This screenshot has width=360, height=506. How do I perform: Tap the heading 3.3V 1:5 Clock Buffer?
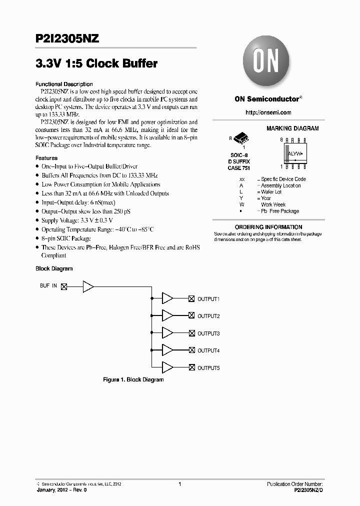pyautogui.click(x=96, y=64)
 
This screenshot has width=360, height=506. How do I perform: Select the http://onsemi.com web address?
pyautogui.click(x=268, y=112)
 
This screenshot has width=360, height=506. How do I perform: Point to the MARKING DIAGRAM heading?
pyautogui.click(x=292, y=128)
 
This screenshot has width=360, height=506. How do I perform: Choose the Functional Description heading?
pyautogui.click(x=64, y=84)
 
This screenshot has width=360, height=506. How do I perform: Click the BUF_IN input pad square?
pyautogui.click(x=63, y=286)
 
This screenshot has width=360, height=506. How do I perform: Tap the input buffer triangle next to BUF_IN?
pyautogui.click(x=88, y=286)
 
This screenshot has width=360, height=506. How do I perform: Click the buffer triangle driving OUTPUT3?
pyautogui.click(x=167, y=333)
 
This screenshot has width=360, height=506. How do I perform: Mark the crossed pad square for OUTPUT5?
pyautogui.click(x=191, y=367)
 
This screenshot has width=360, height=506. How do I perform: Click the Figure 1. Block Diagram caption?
pyautogui.click(x=133, y=379)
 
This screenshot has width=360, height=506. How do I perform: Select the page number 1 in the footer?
pyautogui.click(x=179, y=484)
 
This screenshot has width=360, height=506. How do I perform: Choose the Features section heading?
pyautogui.click(x=46, y=158)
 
